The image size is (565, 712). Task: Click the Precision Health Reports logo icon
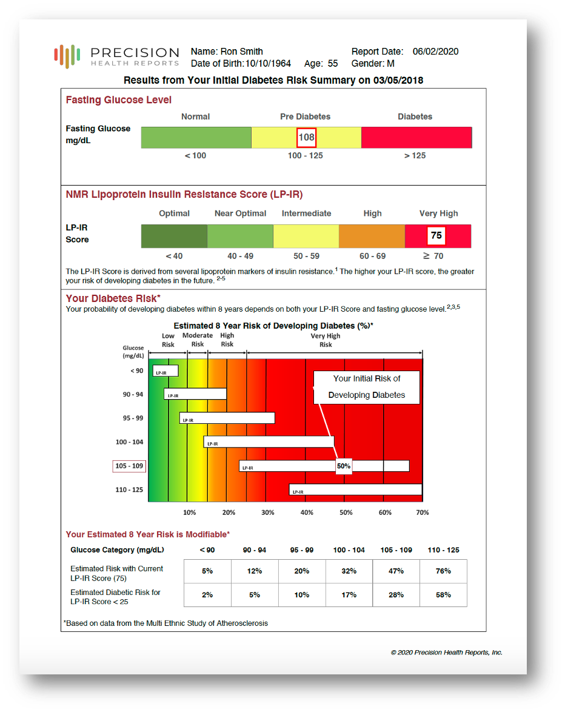click(x=67, y=56)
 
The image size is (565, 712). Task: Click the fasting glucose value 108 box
click(x=306, y=137)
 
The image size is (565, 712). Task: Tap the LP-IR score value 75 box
click(x=436, y=235)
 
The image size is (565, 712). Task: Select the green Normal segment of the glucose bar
click(x=196, y=138)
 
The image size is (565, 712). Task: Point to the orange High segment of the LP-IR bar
click(x=372, y=236)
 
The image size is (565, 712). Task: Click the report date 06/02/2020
click(x=435, y=52)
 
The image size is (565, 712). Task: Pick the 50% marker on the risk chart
click(x=344, y=466)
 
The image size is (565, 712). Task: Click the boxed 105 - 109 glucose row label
click(x=129, y=466)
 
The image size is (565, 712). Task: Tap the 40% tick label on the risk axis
click(x=307, y=512)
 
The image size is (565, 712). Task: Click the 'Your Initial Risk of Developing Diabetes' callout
click(x=366, y=387)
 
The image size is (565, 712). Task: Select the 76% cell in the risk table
click(x=443, y=571)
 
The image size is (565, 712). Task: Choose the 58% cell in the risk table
click(x=443, y=595)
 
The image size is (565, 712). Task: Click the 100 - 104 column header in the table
click(x=349, y=550)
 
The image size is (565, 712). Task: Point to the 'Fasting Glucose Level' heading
click(x=119, y=100)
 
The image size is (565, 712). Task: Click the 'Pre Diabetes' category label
click(x=305, y=116)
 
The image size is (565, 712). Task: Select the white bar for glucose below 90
click(x=165, y=371)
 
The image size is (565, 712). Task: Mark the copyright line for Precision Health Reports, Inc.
click(x=446, y=653)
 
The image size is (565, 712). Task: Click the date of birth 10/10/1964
click(x=268, y=64)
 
